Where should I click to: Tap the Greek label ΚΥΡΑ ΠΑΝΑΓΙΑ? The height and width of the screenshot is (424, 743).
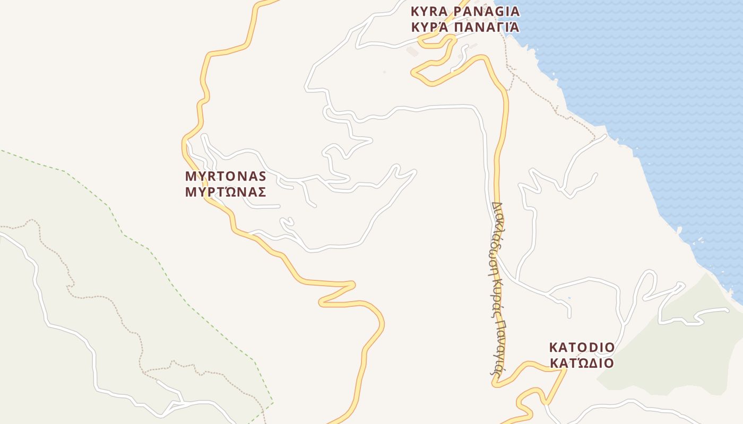pyautogui.click(x=465, y=27)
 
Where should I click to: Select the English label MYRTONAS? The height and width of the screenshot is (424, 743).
pyautogui.click(x=225, y=176)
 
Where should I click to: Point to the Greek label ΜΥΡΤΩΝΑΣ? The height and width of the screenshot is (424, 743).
pyautogui.click(x=225, y=192)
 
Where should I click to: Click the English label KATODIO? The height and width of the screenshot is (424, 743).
pyautogui.click(x=582, y=348)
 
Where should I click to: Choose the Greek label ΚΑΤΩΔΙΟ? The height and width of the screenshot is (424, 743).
pyautogui.click(x=582, y=363)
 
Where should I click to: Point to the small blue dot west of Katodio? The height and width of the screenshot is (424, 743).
pyautogui.click(x=569, y=298)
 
